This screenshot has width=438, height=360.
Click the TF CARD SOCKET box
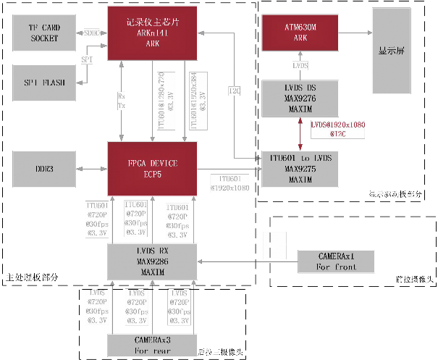click(x=45, y=33)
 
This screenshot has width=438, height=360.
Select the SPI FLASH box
click(x=45, y=82)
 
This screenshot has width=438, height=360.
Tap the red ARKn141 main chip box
click(x=152, y=33)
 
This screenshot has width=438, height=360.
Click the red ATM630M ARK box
click(x=300, y=33)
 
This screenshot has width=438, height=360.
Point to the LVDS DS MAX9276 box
click(x=300, y=99)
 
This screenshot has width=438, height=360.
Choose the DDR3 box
click(x=45, y=168)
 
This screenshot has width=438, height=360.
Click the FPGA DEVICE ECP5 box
click(x=152, y=168)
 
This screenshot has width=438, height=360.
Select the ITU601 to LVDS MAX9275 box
click(x=300, y=168)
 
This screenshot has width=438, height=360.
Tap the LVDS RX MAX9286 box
click(x=152, y=261)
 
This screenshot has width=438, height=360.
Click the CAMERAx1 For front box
click(x=337, y=261)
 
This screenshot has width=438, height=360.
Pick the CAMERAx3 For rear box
click(x=152, y=344)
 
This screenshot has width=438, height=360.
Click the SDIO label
click(x=91, y=33)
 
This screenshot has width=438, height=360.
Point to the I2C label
click(x=235, y=91)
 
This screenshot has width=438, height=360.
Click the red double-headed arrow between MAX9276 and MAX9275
click(x=300, y=134)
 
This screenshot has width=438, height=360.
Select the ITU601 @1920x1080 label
click(x=229, y=183)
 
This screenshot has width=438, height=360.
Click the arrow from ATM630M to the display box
click(x=355, y=33)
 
